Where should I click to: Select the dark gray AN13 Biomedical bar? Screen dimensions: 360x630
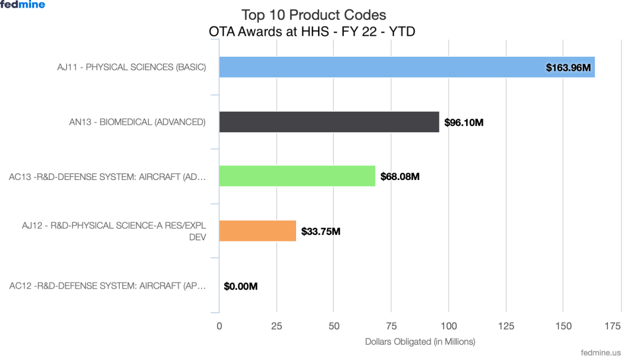[329, 122]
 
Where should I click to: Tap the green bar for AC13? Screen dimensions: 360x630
[297, 176]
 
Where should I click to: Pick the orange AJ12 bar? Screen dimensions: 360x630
[257, 230]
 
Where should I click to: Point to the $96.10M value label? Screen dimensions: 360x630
[464, 122]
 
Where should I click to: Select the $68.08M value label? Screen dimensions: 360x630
[400, 176]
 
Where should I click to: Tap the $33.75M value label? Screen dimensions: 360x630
[320, 231]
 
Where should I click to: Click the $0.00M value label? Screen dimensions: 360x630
[240, 287]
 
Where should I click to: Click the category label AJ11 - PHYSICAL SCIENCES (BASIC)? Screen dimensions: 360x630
[131, 67]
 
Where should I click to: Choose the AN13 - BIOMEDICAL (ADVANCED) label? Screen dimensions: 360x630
[137, 122]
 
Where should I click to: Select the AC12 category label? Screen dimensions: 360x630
[107, 286]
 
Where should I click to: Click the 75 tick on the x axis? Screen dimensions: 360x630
[391, 326]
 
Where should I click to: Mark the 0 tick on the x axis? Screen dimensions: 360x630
[219, 326]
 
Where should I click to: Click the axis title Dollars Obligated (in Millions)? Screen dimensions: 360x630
[419, 342]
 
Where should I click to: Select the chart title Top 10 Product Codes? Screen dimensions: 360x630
[313, 14]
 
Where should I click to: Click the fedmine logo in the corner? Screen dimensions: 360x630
[23, 5]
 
